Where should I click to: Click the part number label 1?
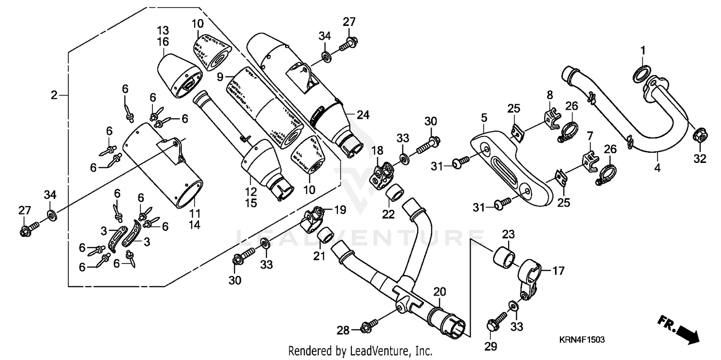tap(643, 50)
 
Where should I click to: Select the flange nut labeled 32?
tap(699, 136)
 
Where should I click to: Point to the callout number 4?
tap(657, 168)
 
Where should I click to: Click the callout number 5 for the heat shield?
tap(484, 117)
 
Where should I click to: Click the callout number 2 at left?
tap(54, 95)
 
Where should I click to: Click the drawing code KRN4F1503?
tap(581, 340)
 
